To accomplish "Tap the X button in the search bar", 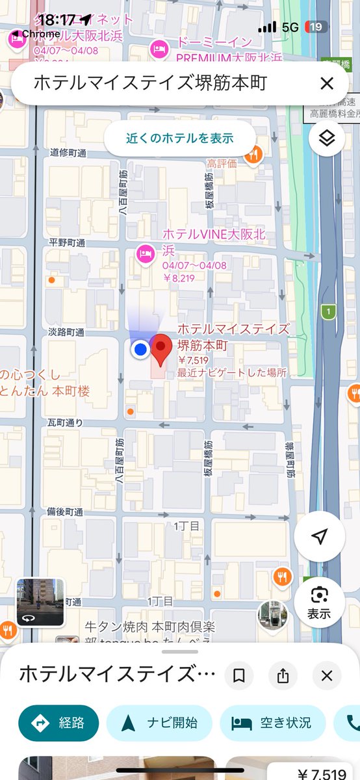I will pos(326,83).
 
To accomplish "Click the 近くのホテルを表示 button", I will pos(180,138).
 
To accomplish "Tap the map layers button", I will pos(327,138).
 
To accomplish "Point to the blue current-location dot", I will pos(140,350).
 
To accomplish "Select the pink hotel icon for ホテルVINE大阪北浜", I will pos(144,253).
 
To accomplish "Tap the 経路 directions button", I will pos(58,723).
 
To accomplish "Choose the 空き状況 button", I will pos(272,723).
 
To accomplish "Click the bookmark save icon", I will pos(239,676).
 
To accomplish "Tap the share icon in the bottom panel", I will pos(283,676).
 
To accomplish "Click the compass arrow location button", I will pos(318,536).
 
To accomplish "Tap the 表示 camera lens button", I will pos(318,602).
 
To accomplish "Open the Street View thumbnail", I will pos(40,601).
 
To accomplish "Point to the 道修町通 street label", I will pos(68,153).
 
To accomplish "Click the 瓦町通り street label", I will pos(65,422).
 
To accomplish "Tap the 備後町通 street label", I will pos(65,512).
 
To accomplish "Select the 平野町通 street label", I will pos(68,242).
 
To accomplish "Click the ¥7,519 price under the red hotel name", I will pos(193,361).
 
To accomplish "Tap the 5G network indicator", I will pos(290,27).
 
